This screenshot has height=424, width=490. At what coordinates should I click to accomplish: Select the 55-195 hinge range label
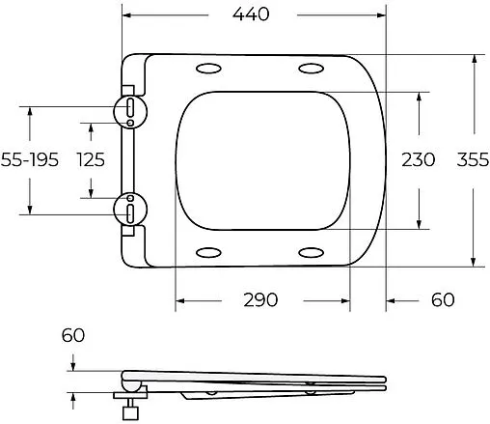coord(30,159)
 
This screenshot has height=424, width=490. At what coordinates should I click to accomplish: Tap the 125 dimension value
coord(93,159)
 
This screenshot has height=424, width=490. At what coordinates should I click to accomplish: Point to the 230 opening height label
coord(419,159)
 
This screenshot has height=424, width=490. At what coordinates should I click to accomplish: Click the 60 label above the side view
coord(73,337)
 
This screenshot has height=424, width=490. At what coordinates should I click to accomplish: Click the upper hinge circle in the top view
coord(128,110)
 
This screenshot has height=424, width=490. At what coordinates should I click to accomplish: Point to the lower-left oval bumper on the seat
coord(207,252)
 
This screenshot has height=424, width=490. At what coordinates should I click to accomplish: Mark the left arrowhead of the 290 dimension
coord(180,299)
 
